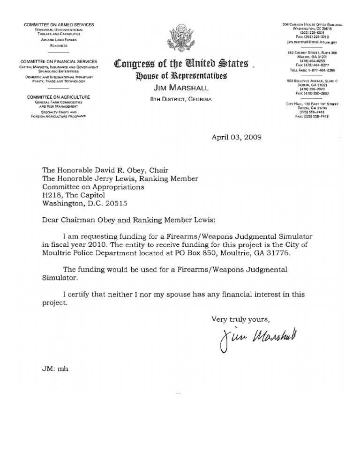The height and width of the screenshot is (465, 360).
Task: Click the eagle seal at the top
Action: click(183, 40)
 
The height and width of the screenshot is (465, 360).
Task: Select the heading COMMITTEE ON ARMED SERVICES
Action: click(60, 24)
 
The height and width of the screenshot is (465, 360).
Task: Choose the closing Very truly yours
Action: click(240, 319)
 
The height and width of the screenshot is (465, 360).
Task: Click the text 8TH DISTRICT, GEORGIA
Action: click(183, 99)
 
